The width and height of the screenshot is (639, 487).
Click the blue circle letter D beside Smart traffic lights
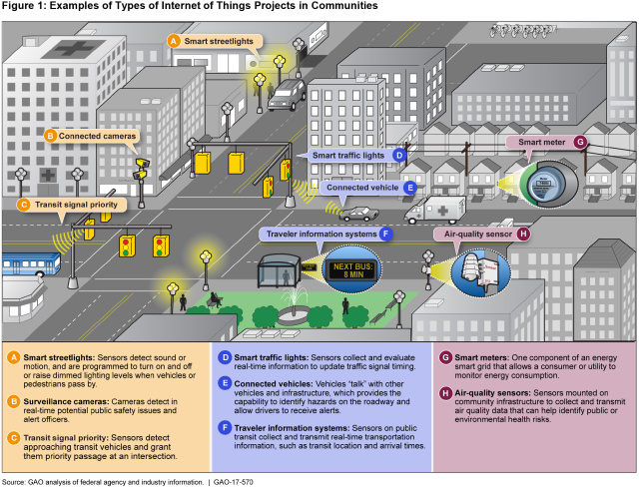tap(397, 155)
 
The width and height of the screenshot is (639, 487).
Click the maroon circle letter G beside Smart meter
tap(579, 143)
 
